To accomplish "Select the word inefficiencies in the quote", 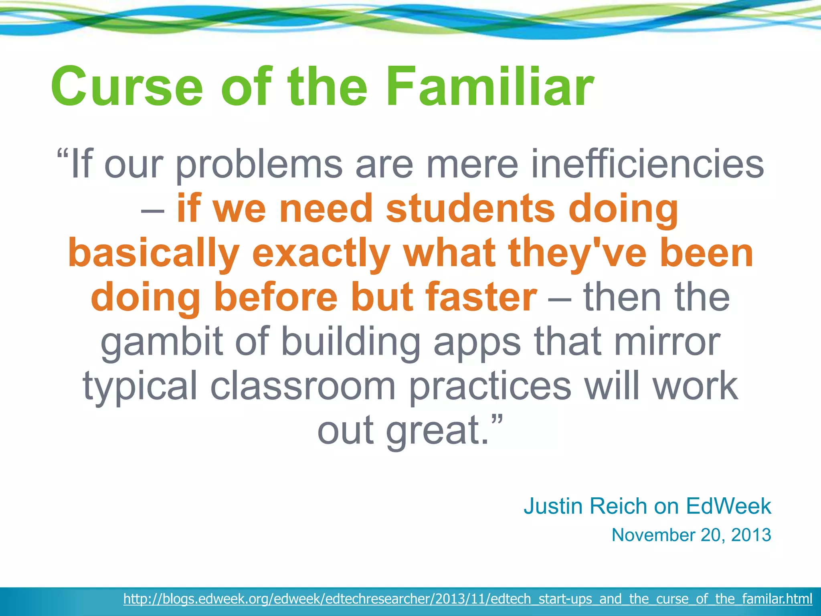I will click(x=647, y=164).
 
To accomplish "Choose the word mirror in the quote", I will click(x=667, y=341).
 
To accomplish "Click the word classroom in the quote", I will click(x=303, y=386).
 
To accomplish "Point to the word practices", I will click(x=490, y=386).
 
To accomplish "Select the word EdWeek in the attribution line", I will click(x=728, y=506).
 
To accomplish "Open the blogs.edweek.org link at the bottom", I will click(x=467, y=599).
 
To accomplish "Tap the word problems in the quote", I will click(x=259, y=164).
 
